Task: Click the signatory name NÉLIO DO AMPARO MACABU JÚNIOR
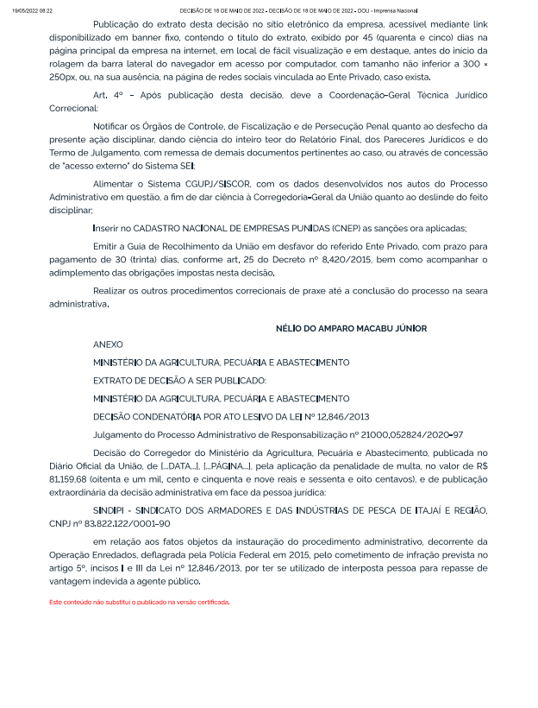(351, 329)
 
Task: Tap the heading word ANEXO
(108, 345)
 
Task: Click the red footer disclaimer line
(139, 601)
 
